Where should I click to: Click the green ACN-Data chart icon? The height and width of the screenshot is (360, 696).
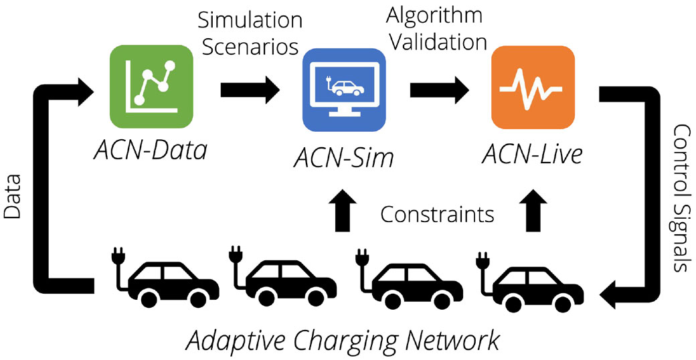tap(151, 86)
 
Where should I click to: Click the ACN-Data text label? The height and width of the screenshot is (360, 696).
tap(150, 152)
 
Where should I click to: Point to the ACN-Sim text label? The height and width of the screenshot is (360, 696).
tap(343, 157)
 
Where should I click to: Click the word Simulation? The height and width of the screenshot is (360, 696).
tap(250, 21)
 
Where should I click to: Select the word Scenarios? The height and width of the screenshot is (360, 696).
tap(248, 47)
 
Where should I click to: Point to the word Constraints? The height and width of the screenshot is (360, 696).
tap(438, 215)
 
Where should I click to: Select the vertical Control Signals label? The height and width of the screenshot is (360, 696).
tap(682, 198)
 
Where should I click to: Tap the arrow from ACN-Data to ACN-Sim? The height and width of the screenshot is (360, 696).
tap(250, 90)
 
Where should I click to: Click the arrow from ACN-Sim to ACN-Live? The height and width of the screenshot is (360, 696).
tap(439, 90)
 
